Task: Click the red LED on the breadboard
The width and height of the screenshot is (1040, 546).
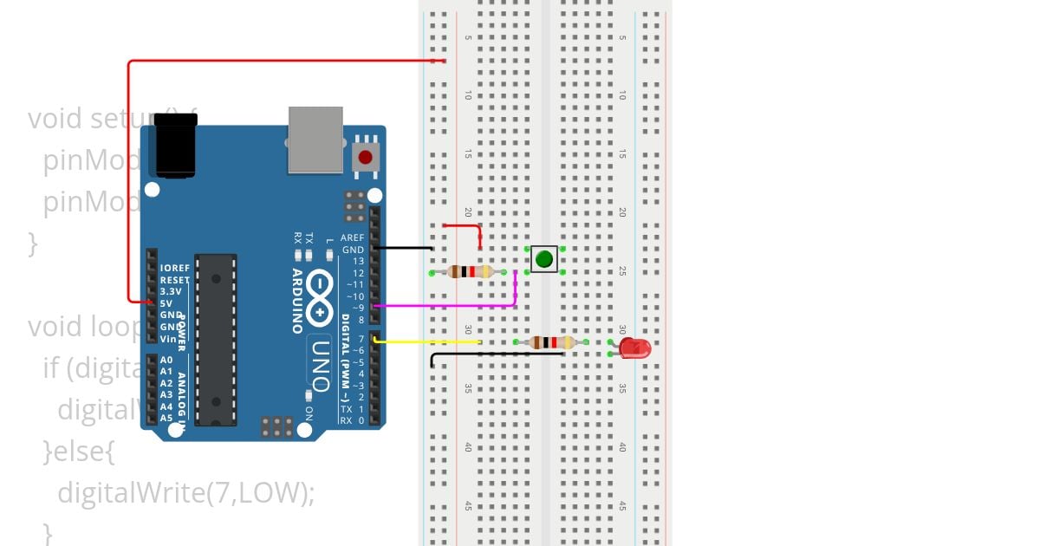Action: click(x=635, y=348)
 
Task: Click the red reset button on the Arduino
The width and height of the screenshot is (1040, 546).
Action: click(x=366, y=158)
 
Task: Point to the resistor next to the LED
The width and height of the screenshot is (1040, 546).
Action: click(x=551, y=342)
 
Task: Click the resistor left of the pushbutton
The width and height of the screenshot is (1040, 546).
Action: click(x=469, y=272)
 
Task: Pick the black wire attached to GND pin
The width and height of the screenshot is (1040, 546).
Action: click(x=406, y=249)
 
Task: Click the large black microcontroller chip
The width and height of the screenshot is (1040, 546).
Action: click(x=216, y=339)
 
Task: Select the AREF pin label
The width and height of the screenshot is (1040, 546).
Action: click(x=353, y=237)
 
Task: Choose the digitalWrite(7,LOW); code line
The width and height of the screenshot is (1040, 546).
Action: click(x=185, y=492)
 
